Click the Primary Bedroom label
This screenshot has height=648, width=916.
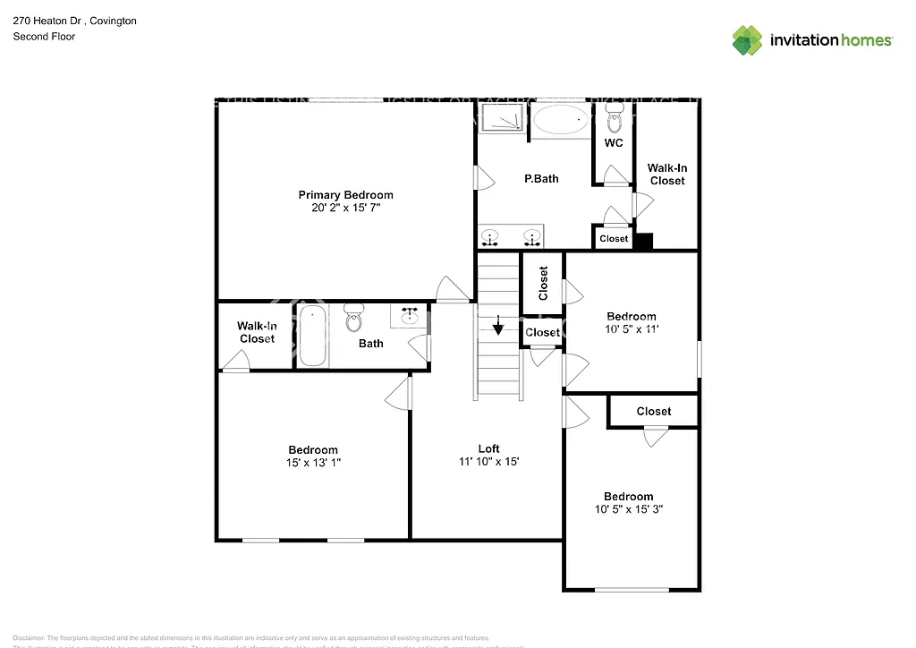coord(345,195)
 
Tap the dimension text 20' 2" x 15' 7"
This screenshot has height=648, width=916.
coord(345,208)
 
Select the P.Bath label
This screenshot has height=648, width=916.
coord(541,179)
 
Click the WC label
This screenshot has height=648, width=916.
coord(614,143)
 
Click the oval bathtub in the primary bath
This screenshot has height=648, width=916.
coord(561,120)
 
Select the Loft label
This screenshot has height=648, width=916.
coord(488,448)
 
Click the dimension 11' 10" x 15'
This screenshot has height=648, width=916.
coord(488,462)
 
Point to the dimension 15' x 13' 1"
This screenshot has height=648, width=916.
coord(313,463)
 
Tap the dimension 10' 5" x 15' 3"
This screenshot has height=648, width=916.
coord(628,509)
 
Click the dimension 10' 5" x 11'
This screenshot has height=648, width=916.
coord(632,329)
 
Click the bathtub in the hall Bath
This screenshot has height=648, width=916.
coord(312,336)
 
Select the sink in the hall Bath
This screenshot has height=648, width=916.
coord(411,316)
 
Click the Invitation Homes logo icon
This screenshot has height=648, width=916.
coord(748,40)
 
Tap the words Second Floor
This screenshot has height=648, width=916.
coord(44,37)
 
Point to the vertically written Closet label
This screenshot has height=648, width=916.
coord(543,283)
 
